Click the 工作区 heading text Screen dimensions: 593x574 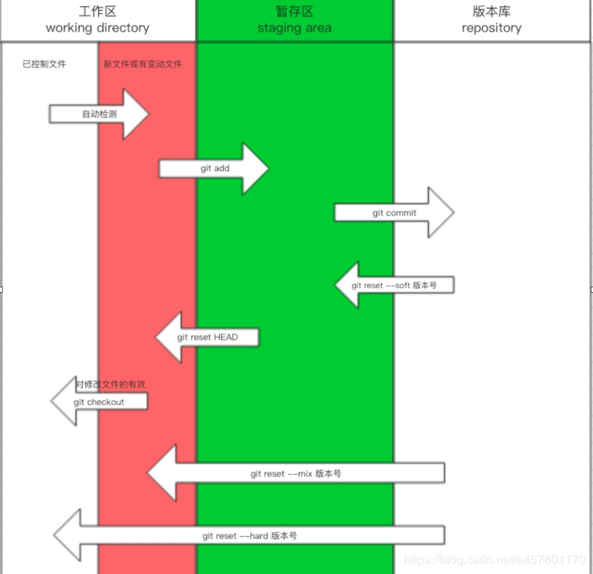point(98,12)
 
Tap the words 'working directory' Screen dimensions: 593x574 point(98,29)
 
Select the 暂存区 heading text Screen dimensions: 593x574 point(294,12)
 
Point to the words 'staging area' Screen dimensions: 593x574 point(294,29)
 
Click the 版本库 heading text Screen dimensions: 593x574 point(492,12)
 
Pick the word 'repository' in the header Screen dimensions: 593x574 point(492,29)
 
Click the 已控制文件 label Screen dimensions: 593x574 point(44,64)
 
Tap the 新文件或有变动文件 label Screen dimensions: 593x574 point(142,64)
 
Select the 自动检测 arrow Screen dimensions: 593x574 point(98,115)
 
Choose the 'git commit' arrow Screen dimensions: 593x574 point(393,213)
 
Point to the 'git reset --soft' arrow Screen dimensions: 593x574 point(393,285)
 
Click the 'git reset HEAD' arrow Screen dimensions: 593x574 point(207,338)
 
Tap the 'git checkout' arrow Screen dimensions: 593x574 point(98,402)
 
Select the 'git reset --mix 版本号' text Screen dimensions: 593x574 point(296,473)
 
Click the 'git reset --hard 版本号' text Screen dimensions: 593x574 point(250,535)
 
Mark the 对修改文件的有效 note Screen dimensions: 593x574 point(110,384)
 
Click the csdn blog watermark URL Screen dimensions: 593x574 point(495,559)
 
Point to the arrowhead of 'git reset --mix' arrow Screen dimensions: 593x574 point(162,473)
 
